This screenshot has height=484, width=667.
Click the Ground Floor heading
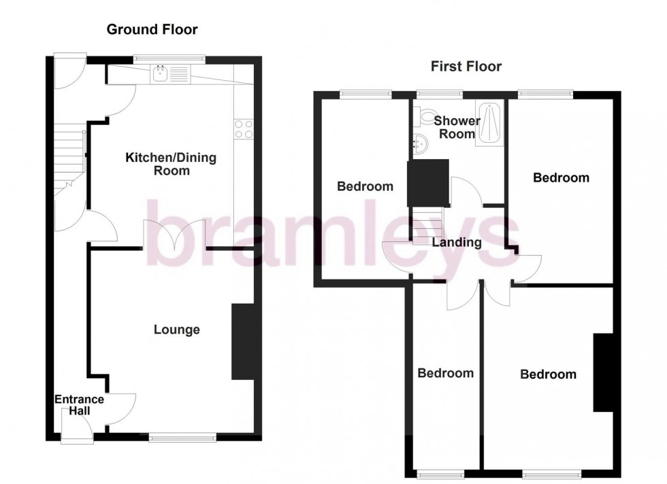(x=152, y=29)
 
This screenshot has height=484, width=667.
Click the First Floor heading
(x=466, y=66)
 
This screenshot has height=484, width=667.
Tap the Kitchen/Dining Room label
(x=171, y=164)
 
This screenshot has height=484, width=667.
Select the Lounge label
(x=176, y=330)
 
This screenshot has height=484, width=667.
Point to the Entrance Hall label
(x=79, y=405)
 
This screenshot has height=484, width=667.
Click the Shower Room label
(x=454, y=127)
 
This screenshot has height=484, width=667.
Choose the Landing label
(x=456, y=242)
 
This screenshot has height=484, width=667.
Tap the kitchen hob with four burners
(x=244, y=128)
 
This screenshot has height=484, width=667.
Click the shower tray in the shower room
(x=489, y=123)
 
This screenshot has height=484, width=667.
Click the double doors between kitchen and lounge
(x=174, y=237)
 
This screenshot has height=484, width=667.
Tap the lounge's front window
(x=182, y=438)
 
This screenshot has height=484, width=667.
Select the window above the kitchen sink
(x=169, y=58)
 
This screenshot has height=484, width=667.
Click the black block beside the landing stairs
(x=428, y=182)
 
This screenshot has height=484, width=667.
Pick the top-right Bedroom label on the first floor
(x=560, y=177)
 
